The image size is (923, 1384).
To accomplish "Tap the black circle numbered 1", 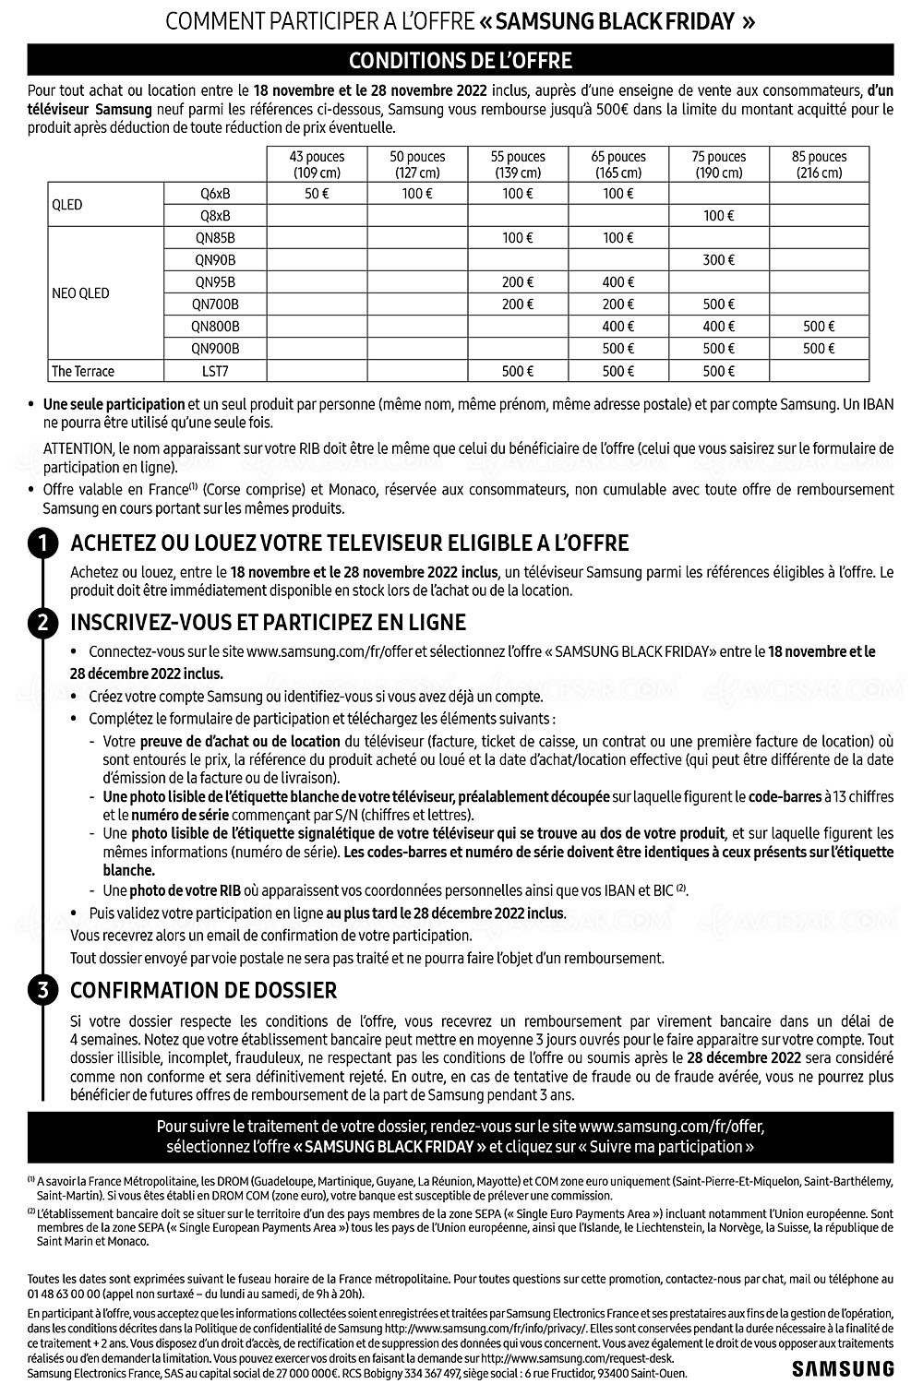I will (x=43, y=543).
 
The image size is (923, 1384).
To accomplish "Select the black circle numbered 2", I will (x=43, y=623).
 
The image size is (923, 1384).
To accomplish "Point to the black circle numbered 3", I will (x=43, y=991).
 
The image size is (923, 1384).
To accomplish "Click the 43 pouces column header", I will (x=317, y=164).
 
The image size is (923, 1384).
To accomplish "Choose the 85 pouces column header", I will (x=819, y=164).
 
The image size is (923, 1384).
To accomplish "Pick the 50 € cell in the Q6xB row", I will (x=317, y=194).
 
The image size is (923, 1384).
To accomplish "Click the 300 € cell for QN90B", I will (x=718, y=260).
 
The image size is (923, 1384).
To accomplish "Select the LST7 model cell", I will (x=215, y=371).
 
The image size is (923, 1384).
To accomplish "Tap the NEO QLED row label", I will (x=80, y=293).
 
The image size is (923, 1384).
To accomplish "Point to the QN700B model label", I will (x=215, y=304).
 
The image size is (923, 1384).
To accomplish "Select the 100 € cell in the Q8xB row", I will (x=718, y=216).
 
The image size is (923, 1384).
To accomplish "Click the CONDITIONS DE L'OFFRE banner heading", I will (x=461, y=61).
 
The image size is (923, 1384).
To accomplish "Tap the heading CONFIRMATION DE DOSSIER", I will (x=204, y=991).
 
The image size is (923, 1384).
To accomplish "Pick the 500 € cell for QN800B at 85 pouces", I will (x=819, y=327).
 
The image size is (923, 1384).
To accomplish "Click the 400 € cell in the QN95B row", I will (x=617, y=282).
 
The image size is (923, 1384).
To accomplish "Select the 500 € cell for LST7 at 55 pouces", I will (x=518, y=371).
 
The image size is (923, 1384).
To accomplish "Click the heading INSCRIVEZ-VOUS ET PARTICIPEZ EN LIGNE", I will (x=269, y=623).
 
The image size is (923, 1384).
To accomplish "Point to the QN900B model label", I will (x=215, y=349).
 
